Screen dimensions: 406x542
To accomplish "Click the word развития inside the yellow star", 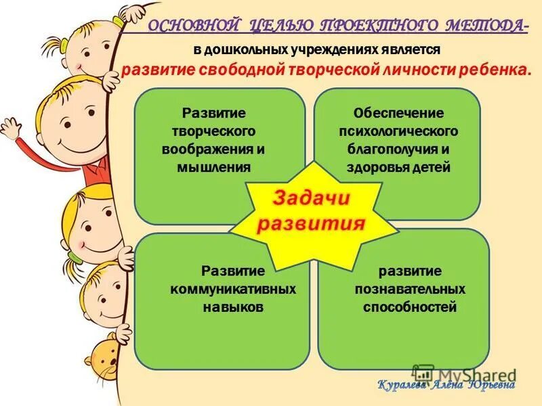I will [312, 223].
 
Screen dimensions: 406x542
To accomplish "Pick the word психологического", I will [398, 130].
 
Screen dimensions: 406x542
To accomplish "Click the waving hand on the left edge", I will [12, 129].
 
